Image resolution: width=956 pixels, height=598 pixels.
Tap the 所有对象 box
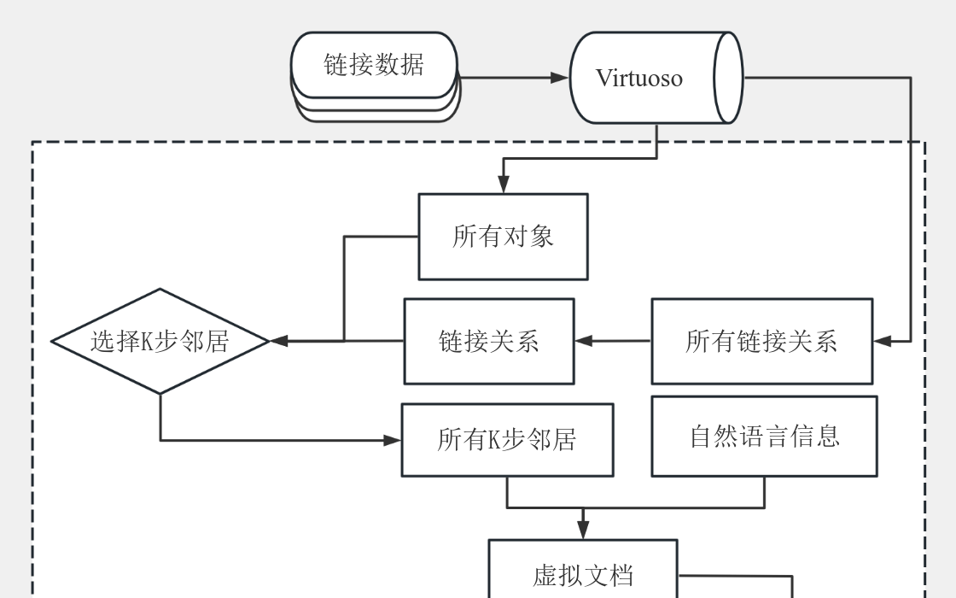pyautogui.click(x=503, y=237)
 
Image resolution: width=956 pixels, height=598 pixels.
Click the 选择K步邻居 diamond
pyautogui.click(x=160, y=341)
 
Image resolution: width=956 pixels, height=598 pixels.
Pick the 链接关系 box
pyautogui.click(x=488, y=341)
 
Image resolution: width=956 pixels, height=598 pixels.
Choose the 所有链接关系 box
pyautogui.click(x=761, y=341)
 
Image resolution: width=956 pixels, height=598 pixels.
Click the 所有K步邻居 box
pyautogui.click(x=507, y=440)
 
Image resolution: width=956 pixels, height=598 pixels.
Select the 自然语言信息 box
pyautogui.click(x=764, y=436)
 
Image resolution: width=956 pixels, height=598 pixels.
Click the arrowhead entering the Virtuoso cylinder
pyautogui.click(x=560, y=78)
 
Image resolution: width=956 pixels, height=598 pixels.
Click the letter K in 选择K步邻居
pyautogui.click(x=146, y=342)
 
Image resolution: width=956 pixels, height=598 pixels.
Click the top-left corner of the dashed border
pyautogui.click(x=33, y=142)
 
